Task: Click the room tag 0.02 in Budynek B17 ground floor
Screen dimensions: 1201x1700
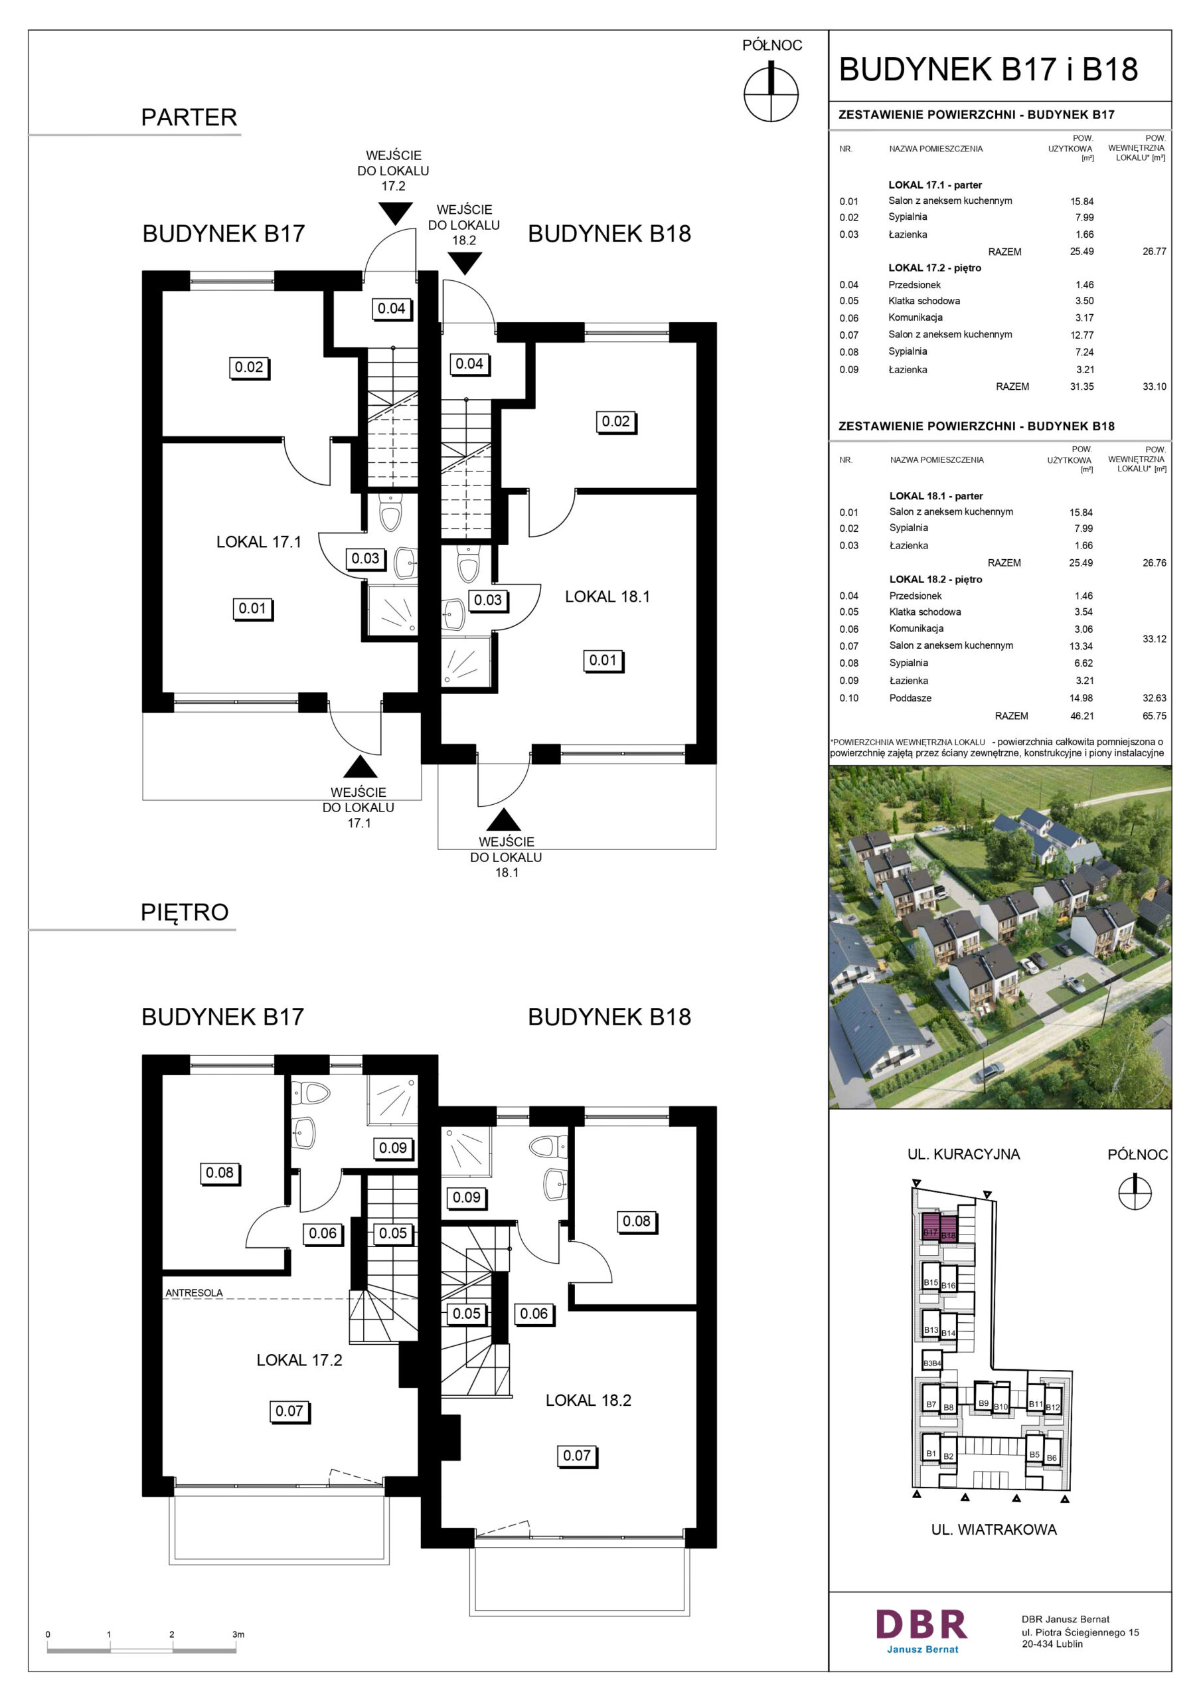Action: [249, 367]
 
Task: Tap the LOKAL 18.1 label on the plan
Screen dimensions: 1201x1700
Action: [607, 597]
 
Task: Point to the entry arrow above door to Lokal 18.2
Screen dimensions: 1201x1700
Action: [464, 263]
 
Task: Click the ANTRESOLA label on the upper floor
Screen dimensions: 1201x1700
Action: [194, 1293]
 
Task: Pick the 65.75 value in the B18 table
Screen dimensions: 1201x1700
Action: [1154, 716]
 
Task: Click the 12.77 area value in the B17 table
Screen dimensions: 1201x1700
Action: [1081, 335]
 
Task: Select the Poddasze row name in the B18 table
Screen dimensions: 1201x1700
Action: [910, 698]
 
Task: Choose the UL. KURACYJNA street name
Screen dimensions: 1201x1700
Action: [963, 1154]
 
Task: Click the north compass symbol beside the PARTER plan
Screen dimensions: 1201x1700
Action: [771, 94]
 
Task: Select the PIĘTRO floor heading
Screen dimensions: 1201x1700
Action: [185, 912]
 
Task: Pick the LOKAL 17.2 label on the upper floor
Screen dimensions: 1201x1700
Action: [299, 1360]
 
